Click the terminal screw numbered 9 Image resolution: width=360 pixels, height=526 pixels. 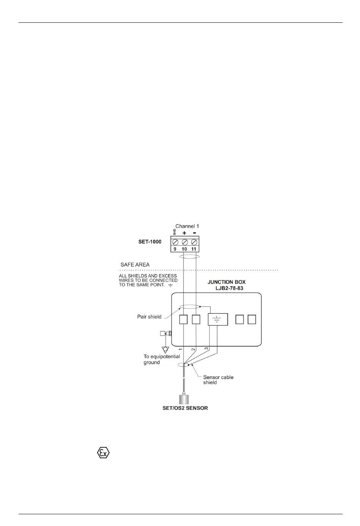tap(175, 242)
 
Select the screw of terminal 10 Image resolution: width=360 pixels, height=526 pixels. tap(185, 242)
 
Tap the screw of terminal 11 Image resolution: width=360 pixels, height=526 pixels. tap(194, 242)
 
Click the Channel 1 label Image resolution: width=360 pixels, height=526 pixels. tap(187, 226)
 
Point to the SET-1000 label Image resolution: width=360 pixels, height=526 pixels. tap(150, 242)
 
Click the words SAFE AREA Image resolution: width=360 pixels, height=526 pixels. tap(135, 265)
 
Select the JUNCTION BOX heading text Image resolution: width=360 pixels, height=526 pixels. tap(227, 282)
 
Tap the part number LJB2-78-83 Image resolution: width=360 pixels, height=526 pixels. tap(230, 288)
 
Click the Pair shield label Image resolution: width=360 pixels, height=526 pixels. tap(149, 317)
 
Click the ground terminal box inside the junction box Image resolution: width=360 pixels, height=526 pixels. tap(218, 319)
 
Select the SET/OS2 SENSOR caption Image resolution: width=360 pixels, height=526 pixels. tap(185, 408)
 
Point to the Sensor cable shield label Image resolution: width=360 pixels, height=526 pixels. tap(218, 380)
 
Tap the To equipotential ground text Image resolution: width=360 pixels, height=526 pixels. tap(161, 359)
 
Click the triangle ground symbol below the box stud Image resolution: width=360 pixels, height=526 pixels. tap(165, 349)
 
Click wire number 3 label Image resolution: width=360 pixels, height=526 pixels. tap(207, 348)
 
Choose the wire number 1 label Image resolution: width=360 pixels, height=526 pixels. tap(181, 349)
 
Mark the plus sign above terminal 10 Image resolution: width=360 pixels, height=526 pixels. tap(185, 233)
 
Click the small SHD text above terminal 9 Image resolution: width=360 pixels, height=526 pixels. tap(175, 232)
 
